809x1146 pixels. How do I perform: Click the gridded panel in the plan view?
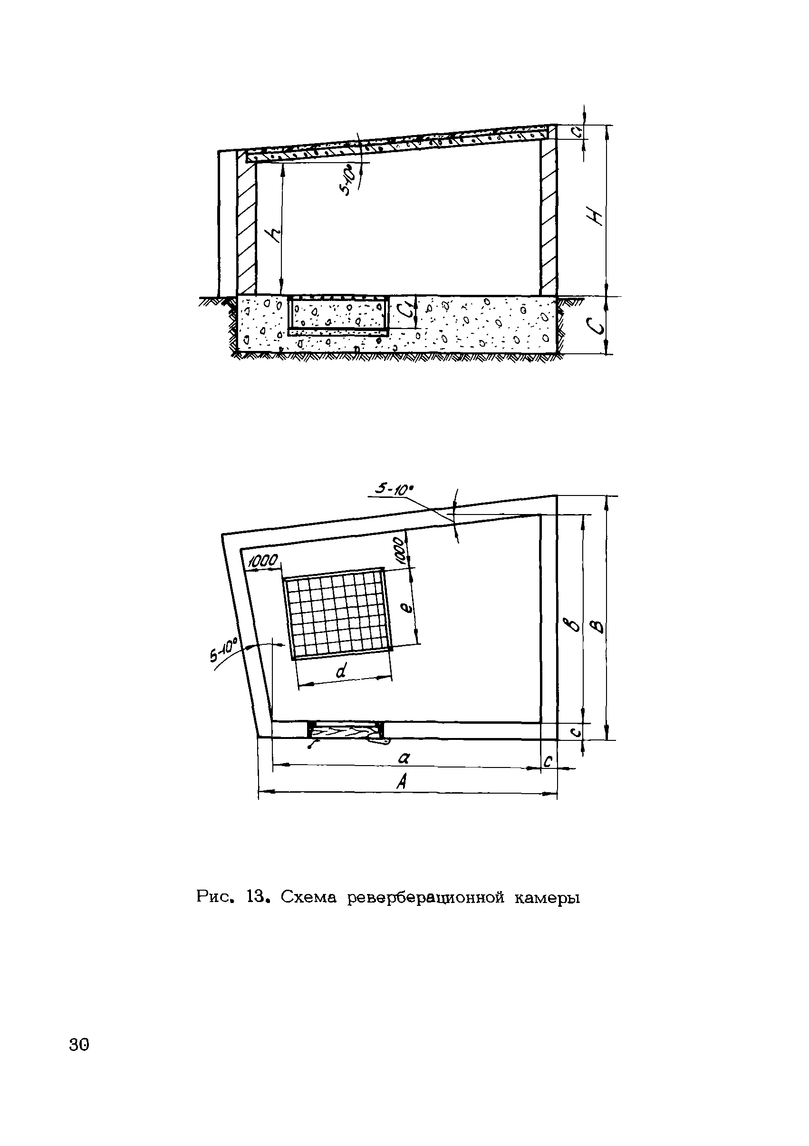click(x=337, y=613)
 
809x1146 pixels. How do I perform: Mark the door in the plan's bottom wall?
click(x=346, y=730)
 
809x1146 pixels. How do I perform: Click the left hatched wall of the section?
click(x=247, y=227)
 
